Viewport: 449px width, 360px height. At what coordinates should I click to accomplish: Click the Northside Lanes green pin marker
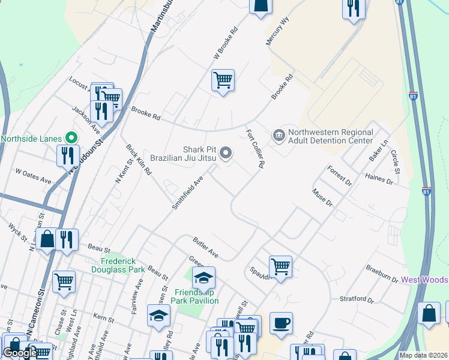coord(69,138)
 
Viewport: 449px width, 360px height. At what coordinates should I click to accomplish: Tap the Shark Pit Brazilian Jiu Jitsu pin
coord(226,154)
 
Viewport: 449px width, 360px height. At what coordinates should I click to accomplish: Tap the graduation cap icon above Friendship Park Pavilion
coord(203,278)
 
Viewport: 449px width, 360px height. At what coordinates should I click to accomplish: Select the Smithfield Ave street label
coord(188,193)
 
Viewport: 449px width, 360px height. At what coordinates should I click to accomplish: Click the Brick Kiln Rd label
coord(139,159)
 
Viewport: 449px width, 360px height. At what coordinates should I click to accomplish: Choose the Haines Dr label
coord(378,179)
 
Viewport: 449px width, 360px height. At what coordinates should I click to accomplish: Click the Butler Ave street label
coord(205,248)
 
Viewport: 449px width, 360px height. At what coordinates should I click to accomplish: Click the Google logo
coord(20,353)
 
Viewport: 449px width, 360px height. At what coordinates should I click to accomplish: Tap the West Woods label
coord(424,280)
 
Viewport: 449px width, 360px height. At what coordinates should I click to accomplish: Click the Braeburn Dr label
coord(383,275)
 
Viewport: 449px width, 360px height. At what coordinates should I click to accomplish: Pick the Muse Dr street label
coord(322,197)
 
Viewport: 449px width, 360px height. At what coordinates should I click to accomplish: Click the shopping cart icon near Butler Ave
coord(280,266)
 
